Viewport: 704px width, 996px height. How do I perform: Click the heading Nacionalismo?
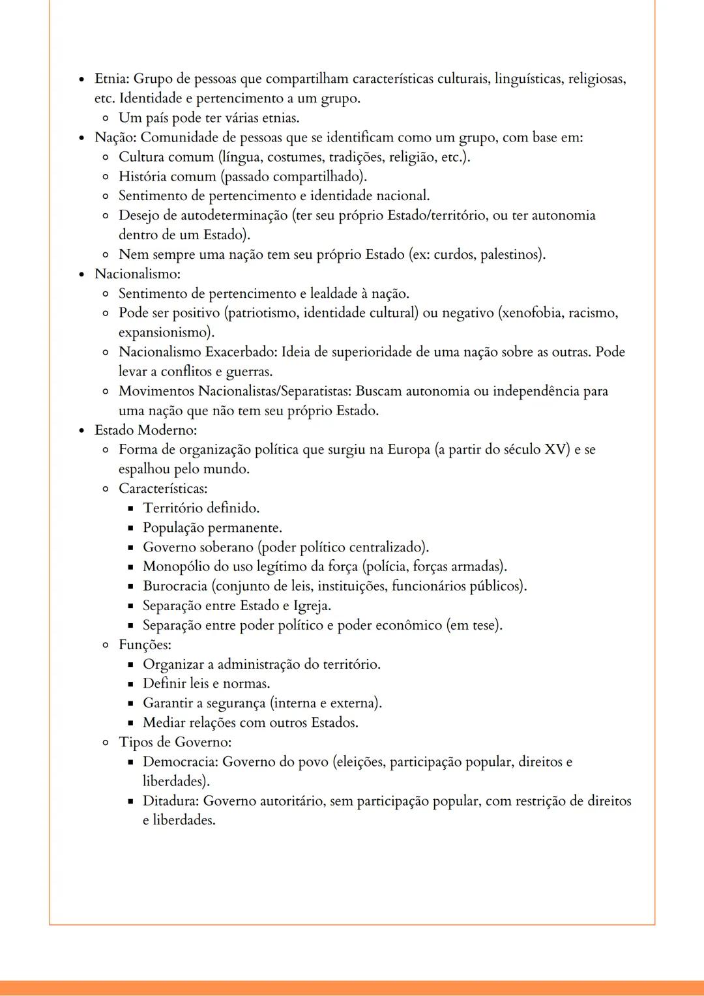coord(138,274)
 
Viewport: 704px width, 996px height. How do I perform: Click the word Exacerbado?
coord(242,352)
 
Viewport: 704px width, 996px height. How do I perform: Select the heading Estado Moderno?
coord(145,430)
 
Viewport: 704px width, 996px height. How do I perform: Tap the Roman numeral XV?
coord(555,450)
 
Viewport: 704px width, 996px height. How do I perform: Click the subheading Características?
coord(163,488)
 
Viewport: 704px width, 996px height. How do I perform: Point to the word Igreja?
coord(311,606)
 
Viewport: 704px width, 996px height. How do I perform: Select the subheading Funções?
coord(145,645)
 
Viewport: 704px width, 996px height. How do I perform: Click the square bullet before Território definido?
coord(130,508)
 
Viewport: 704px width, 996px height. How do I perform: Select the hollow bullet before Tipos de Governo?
coord(106,742)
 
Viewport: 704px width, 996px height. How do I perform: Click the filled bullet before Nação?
coord(81,138)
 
